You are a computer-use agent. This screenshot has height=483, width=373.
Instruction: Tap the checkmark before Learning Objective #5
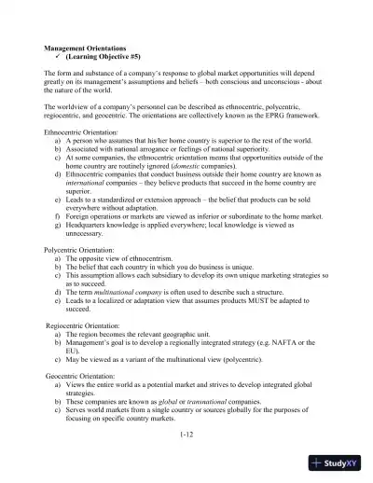60,55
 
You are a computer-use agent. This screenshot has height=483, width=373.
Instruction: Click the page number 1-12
187,433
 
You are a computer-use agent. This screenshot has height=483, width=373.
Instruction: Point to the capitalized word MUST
243,300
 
